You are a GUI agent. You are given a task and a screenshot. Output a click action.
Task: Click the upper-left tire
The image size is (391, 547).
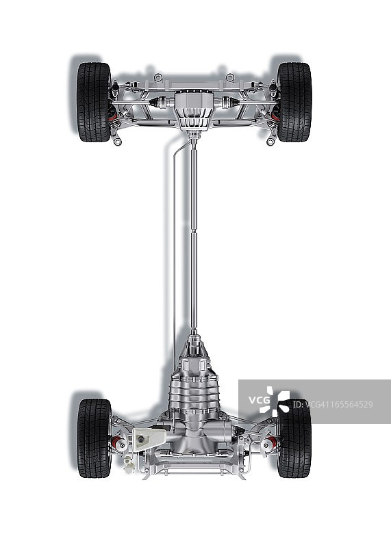pyautogui.click(x=94, y=102)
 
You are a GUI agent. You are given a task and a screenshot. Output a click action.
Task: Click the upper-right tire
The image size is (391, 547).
pyautogui.click(x=294, y=102)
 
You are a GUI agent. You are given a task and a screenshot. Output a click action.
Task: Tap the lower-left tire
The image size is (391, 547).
pyautogui.click(x=94, y=438)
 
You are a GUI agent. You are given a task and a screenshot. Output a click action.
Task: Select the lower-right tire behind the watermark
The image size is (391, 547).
pyautogui.click(x=294, y=438)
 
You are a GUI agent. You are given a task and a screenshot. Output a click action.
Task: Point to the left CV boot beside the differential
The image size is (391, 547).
pyautogui.click(x=160, y=103)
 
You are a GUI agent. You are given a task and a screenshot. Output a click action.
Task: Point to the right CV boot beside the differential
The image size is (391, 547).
pyautogui.click(x=229, y=103)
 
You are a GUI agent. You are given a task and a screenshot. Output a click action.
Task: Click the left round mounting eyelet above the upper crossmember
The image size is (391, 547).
pyautogui.click(x=158, y=77)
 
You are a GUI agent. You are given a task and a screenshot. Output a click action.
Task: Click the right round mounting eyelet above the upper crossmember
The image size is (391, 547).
pyautogui.click(x=230, y=77)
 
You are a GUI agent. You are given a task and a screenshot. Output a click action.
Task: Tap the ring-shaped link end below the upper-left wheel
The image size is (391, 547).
pyautogui.click(x=118, y=142)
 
